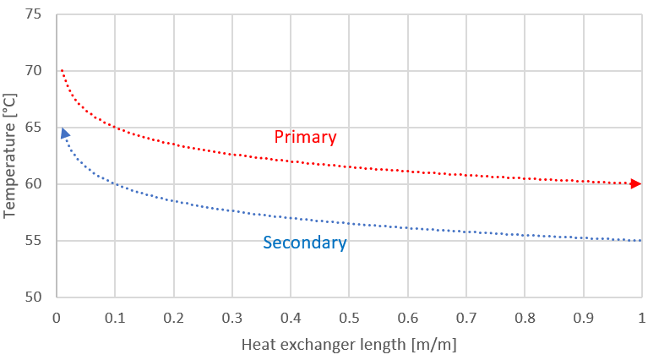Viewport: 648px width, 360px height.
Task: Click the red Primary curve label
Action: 305,137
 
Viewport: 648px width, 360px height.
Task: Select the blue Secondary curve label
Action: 304,243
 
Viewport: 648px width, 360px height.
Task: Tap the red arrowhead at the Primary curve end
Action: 636,183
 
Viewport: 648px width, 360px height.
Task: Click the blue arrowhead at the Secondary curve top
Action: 64,134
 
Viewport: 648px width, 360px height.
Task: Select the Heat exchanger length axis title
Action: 347,345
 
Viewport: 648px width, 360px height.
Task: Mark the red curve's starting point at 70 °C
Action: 61,70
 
